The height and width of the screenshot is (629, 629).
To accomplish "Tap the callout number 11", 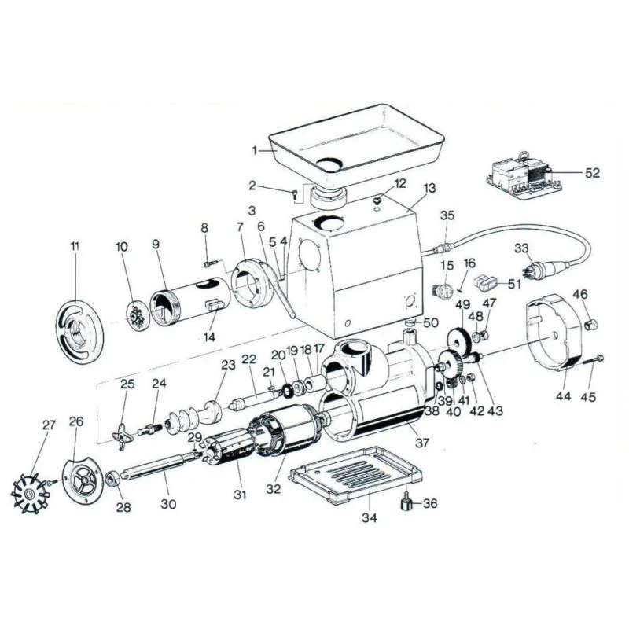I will [75, 247].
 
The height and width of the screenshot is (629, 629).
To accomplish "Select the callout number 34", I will [369, 518].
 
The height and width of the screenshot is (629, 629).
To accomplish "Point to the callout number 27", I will [49, 425].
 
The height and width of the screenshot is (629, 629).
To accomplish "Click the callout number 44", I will [563, 397].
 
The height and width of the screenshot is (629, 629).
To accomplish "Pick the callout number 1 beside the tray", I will [255, 149].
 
